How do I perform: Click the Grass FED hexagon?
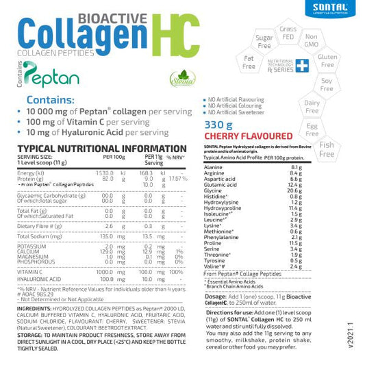click(288, 31)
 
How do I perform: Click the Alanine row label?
click(214, 167)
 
